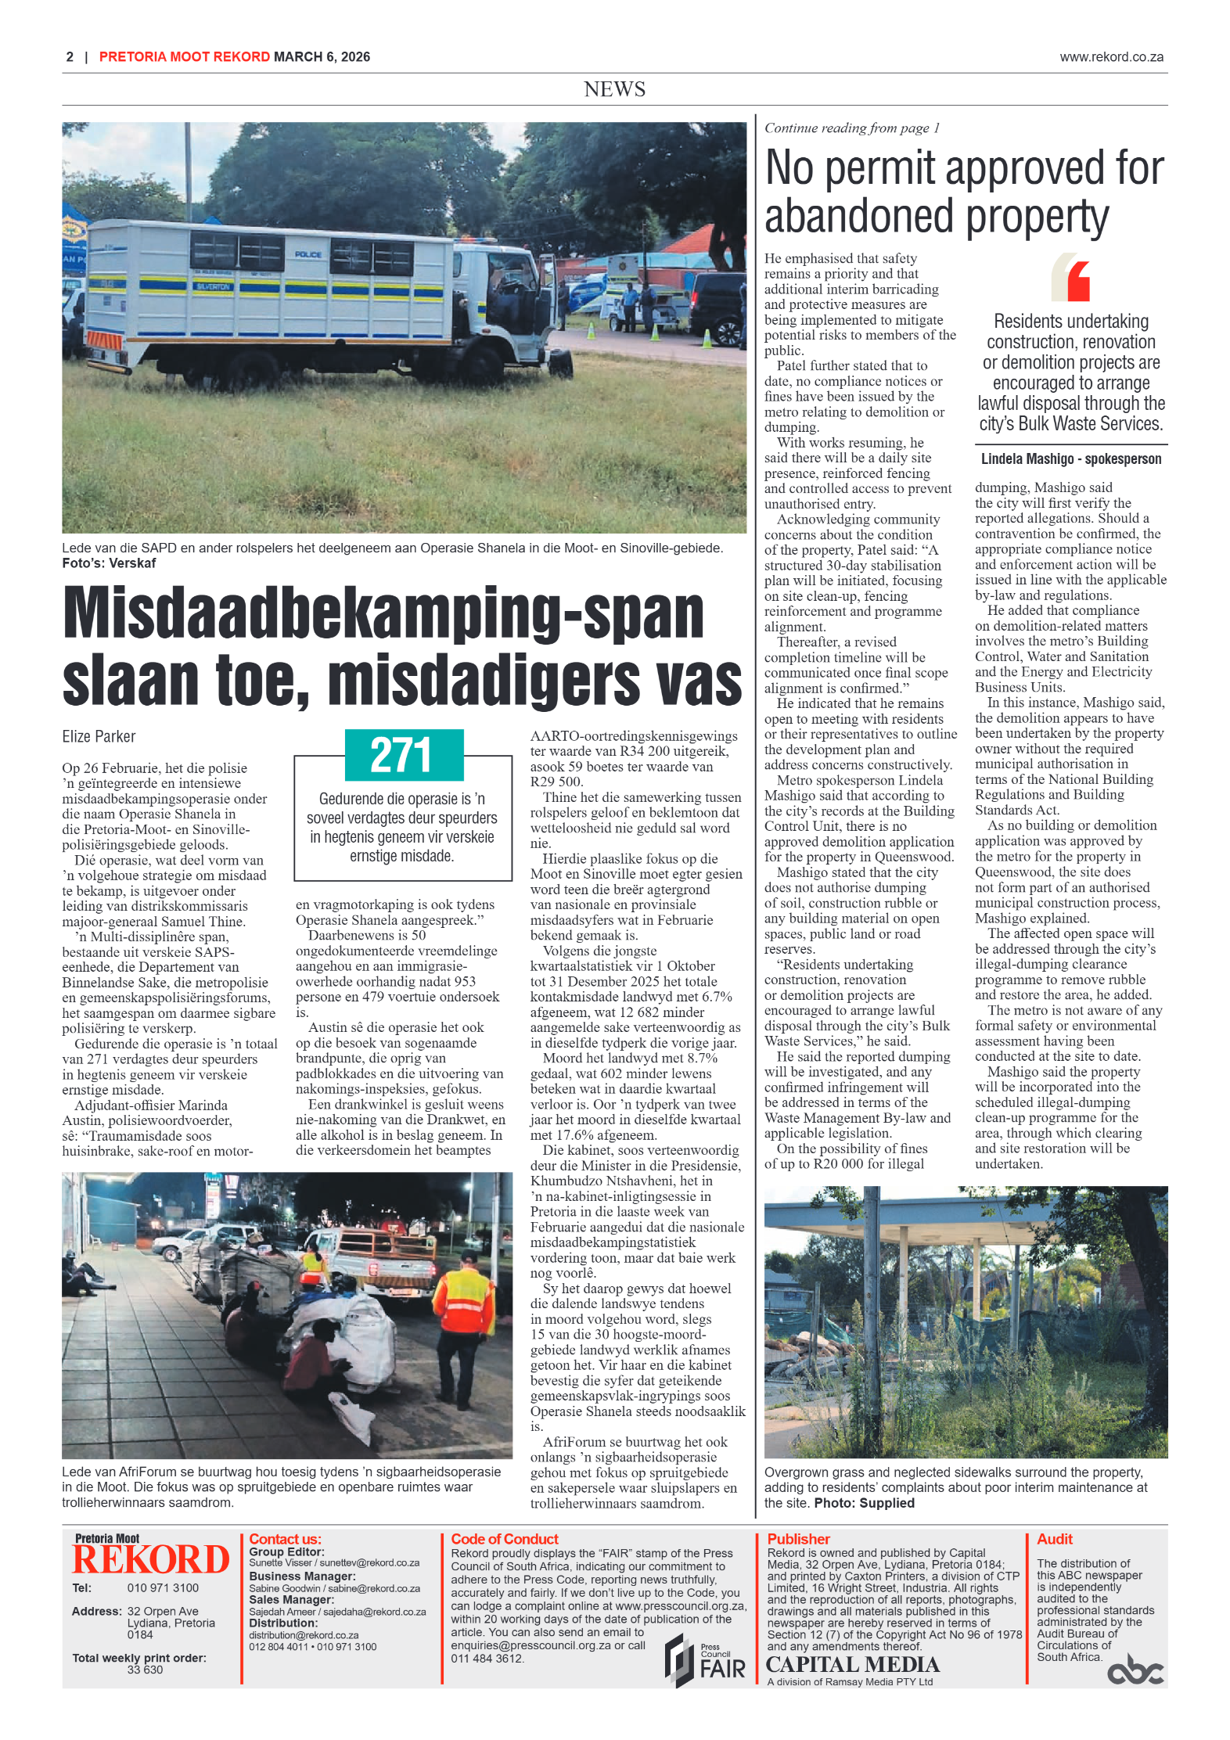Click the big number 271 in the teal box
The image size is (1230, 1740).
click(401, 755)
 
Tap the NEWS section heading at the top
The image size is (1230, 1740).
click(614, 89)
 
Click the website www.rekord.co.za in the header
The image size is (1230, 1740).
click(1111, 57)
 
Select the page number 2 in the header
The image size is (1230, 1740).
click(70, 57)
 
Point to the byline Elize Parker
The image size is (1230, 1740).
click(99, 736)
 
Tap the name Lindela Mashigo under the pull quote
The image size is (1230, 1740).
click(1027, 459)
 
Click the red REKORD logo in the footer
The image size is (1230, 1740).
click(150, 1559)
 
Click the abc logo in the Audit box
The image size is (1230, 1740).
click(1135, 1670)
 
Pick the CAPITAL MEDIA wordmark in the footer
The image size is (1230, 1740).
click(852, 1664)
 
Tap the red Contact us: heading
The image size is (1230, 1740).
click(285, 1539)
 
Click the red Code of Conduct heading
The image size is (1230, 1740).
click(504, 1539)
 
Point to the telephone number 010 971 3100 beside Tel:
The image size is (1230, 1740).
click(163, 1587)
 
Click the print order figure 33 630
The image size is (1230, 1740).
click(145, 1670)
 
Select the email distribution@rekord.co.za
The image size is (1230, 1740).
click(304, 1635)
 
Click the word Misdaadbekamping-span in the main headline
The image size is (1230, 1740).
click(383, 613)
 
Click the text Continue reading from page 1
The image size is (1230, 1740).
click(851, 128)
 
